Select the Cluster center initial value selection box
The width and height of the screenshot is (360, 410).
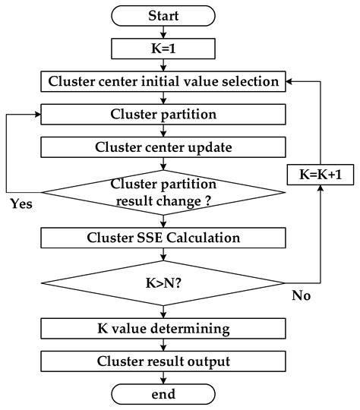point(163,80)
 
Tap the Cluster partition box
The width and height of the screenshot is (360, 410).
point(163,114)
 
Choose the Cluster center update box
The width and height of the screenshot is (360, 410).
point(163,146)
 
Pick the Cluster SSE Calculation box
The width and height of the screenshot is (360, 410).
point(163,238)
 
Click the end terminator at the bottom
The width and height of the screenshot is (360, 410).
point(163,393)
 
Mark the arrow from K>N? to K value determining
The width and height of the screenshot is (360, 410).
point(163,310)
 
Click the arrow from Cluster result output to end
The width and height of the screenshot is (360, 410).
point(163,377)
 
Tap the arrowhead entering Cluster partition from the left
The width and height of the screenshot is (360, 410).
point(38,114)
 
